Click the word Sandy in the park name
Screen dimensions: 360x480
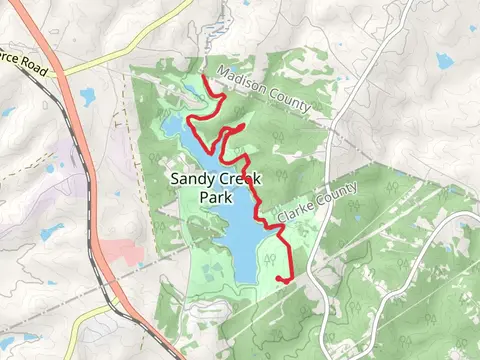[x=191, y=179]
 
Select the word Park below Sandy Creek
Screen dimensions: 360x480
[x=215, y=197]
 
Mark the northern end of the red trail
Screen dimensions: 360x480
[x=204, y=76]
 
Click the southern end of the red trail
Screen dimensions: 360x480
[x=278, y=278]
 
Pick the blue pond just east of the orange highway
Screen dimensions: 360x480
[x=88, y=97]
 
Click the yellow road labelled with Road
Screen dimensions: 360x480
[x=95, y=62]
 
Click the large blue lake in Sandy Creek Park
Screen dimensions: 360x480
[x=240, y=235]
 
